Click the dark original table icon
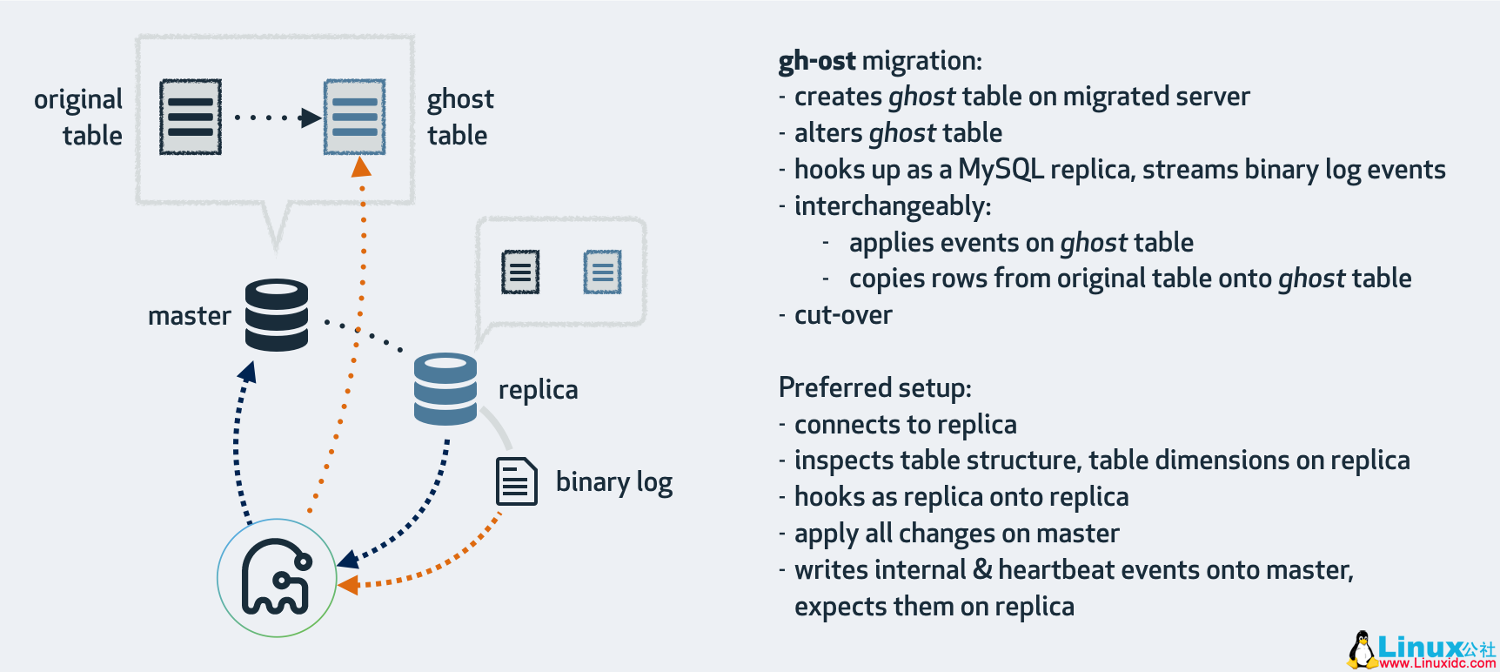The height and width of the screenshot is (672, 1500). coord(191,117)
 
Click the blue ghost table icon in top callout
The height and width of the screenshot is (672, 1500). coord(354,117)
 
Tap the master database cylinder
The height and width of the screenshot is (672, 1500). coord(277,314)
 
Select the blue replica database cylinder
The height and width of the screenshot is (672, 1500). coord(445,388)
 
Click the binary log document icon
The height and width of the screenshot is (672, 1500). coord(516,481)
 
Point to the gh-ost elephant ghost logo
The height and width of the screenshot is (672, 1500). coord(277,578)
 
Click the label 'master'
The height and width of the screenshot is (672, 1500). coord(189,315)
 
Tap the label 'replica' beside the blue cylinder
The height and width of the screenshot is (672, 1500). coord(538,389)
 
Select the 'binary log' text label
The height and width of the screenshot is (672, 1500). coord(613,481)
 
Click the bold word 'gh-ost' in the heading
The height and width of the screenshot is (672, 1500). coord(816,61)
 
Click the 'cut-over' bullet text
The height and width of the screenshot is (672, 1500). coord(842,314)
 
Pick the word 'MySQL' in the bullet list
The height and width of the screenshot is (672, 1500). coord(1001,169)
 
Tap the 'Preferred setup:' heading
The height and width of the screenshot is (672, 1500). coord(874,387)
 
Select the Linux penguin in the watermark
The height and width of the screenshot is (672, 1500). coord(1362,649)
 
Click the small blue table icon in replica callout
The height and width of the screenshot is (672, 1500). coord(602,272)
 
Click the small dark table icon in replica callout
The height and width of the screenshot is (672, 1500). coord(520,272)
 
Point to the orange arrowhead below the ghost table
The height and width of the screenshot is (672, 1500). coord(361,167)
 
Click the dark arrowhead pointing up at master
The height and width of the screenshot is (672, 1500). coord(249,372)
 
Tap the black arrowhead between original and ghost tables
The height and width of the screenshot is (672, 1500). coord(310,118)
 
